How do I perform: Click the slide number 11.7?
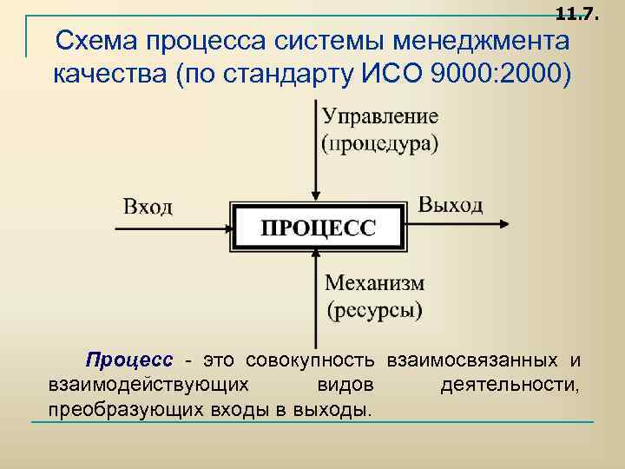tap(576, 12)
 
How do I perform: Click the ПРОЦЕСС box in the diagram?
tap(318, 228)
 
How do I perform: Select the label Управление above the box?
tap(380, 116)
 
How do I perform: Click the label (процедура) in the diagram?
tap(380, 143)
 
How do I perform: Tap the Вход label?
tap(148, 207)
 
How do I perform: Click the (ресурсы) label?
tap(374, 308)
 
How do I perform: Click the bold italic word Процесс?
tap(128, 360)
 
